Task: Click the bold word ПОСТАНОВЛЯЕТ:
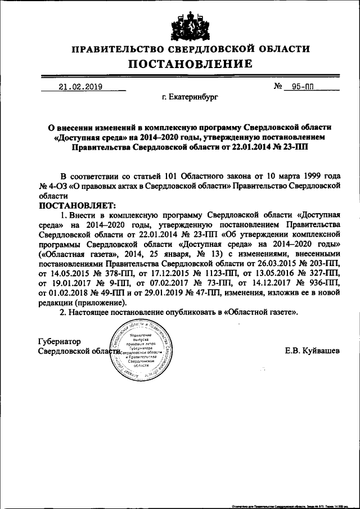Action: (x=77, y=206)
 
